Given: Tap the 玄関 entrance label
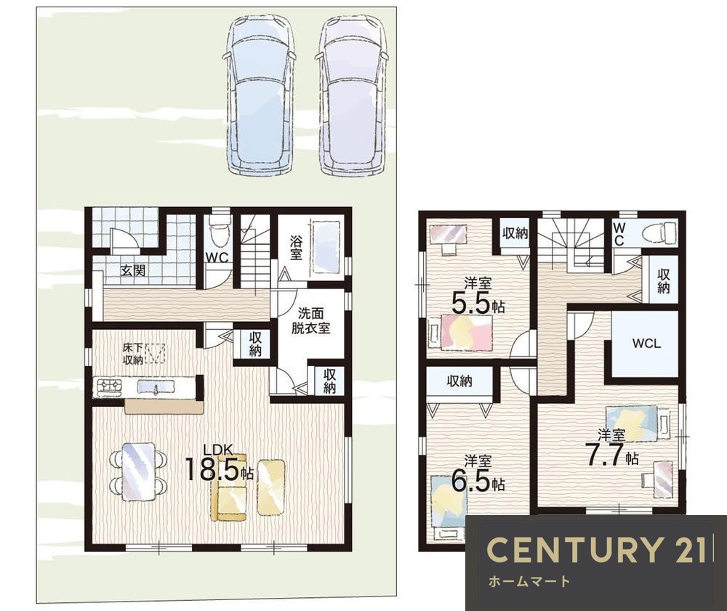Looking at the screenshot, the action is click(x=133, y=270).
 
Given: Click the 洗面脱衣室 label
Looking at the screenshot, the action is click(x=310, y=320).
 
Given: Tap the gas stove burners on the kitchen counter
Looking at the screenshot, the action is click(x=109, y=386).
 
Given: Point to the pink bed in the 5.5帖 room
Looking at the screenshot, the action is click(x=465, y=332).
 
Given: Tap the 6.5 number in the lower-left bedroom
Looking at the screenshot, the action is click(x=470, y=481).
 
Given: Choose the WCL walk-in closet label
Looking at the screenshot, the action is click(x=646, y=344).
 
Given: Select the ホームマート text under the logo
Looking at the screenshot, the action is click(x=529, y=581).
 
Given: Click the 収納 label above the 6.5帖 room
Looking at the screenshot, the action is click(x=459, y=381).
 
